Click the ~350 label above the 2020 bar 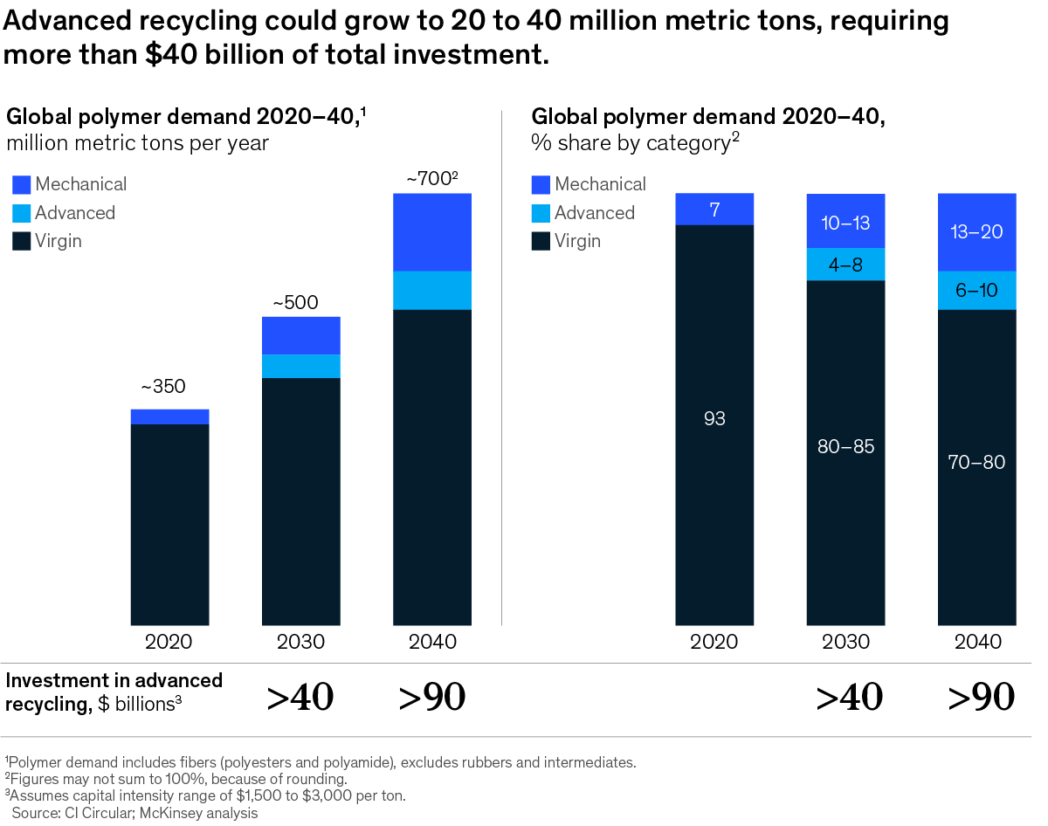(163, 387)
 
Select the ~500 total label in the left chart (295, 304)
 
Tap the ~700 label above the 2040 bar (431, 180)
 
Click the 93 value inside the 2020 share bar (714, 419)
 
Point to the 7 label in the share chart (714, 210)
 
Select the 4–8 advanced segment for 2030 (845, 265)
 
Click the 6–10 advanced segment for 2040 (977, 291)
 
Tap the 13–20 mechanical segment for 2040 (977, 232)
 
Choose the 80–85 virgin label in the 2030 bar (845, 447)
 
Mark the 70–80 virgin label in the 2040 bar (977, 463)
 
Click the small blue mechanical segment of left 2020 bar (169, 416)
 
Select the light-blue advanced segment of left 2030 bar (301, 366)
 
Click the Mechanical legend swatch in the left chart (22, 184)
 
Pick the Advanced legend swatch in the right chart (541, 213)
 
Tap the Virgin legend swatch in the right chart (541, 241)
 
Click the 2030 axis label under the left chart (300, 643)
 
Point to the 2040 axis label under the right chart (977, 643)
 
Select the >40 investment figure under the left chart (300, 697)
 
